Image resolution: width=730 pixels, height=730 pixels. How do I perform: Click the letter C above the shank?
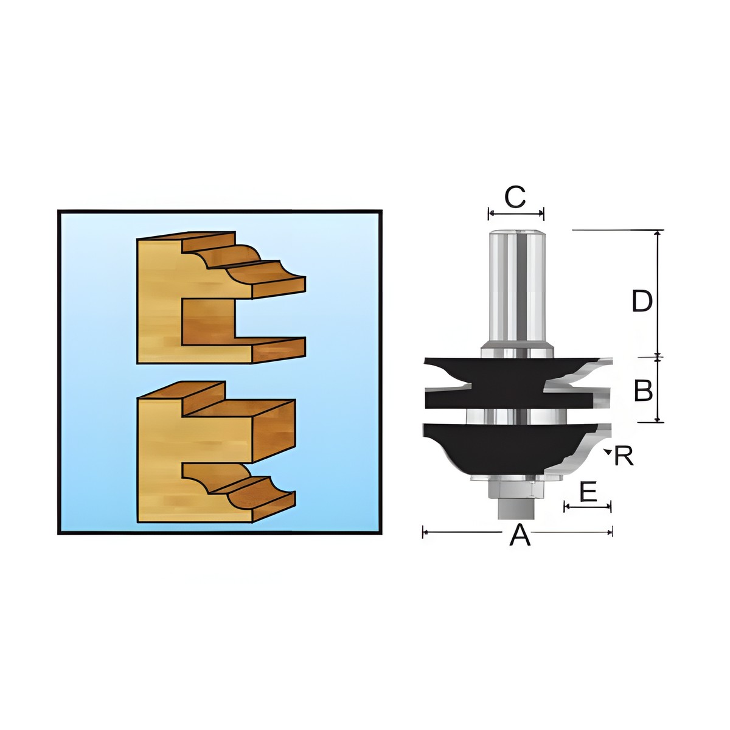(x=515, y=197)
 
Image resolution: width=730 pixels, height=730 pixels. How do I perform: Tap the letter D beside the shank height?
(x=642, y=301)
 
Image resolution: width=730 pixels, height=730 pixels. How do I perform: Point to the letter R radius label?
(x=624, y=456)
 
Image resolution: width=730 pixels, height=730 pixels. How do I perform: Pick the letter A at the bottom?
(x=520, y=534)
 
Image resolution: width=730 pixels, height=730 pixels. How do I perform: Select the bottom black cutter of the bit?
(x=512, y=445)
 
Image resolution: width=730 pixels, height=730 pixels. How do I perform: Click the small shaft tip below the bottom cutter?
(x=516, y=507)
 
